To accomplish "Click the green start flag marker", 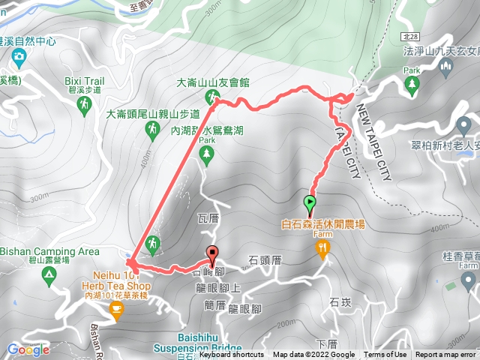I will pos(309,202).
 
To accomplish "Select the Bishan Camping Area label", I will pos(50,251).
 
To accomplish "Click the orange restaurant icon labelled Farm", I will pos(323,249).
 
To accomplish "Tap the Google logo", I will pos(28,349).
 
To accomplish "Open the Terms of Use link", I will pos(386,355).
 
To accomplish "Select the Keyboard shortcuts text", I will pos(232,355).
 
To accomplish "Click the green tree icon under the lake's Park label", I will pos(207,155).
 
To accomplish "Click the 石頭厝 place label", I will pos(265,260).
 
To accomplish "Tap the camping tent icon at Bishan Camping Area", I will pos(49,277).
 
